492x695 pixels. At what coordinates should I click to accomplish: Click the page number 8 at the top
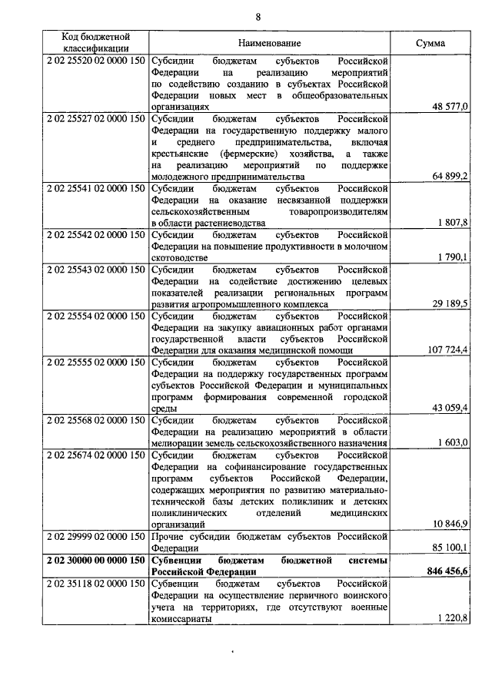point(258,17)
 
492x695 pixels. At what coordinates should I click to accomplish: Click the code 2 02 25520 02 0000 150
point(96,60)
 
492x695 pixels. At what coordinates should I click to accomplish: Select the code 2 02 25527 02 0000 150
point(96,119)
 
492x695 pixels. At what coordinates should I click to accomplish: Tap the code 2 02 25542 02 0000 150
point(96,234)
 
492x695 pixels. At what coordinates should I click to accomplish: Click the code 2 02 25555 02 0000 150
point(96,362)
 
